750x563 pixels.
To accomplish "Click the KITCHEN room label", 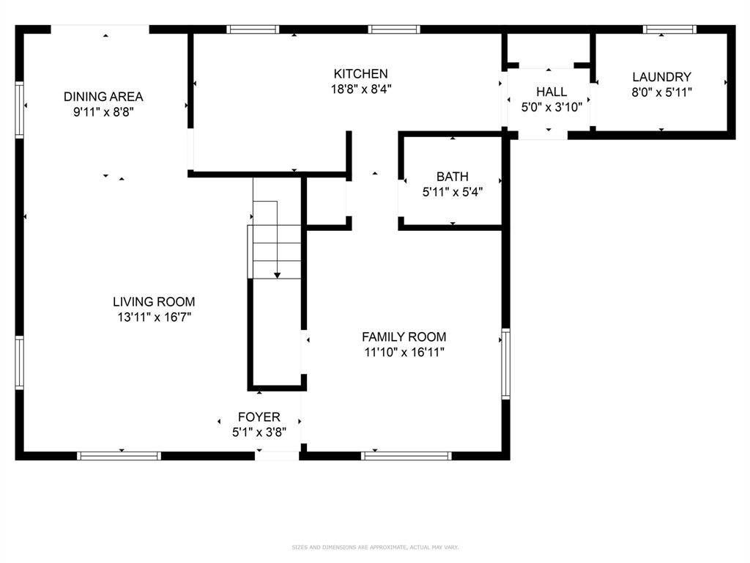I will [360, 74].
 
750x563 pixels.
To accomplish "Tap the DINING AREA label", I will [103, 97].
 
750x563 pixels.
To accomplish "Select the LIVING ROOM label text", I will [154, 301].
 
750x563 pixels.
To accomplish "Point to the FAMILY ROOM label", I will [404, 337].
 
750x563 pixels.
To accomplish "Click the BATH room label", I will [452, 177].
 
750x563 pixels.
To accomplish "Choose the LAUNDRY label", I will [661, 77].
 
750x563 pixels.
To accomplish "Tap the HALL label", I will [551, 92].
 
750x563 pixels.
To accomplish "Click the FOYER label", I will [259, 417].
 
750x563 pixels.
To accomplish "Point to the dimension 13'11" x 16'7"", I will [154, 317].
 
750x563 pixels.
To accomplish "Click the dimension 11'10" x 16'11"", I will [404, 353].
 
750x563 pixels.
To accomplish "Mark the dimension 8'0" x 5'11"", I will [661, 92].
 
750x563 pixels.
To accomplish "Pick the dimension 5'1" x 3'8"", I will [259, 433].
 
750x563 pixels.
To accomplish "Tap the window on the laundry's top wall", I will [669, 29].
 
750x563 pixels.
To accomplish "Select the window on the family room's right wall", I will [505, 364].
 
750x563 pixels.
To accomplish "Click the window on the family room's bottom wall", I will [406, 456].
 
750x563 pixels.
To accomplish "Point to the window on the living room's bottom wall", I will [119, 456].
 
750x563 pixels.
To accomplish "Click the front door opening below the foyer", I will [277, 456].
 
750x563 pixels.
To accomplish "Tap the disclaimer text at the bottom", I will [375, 547].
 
